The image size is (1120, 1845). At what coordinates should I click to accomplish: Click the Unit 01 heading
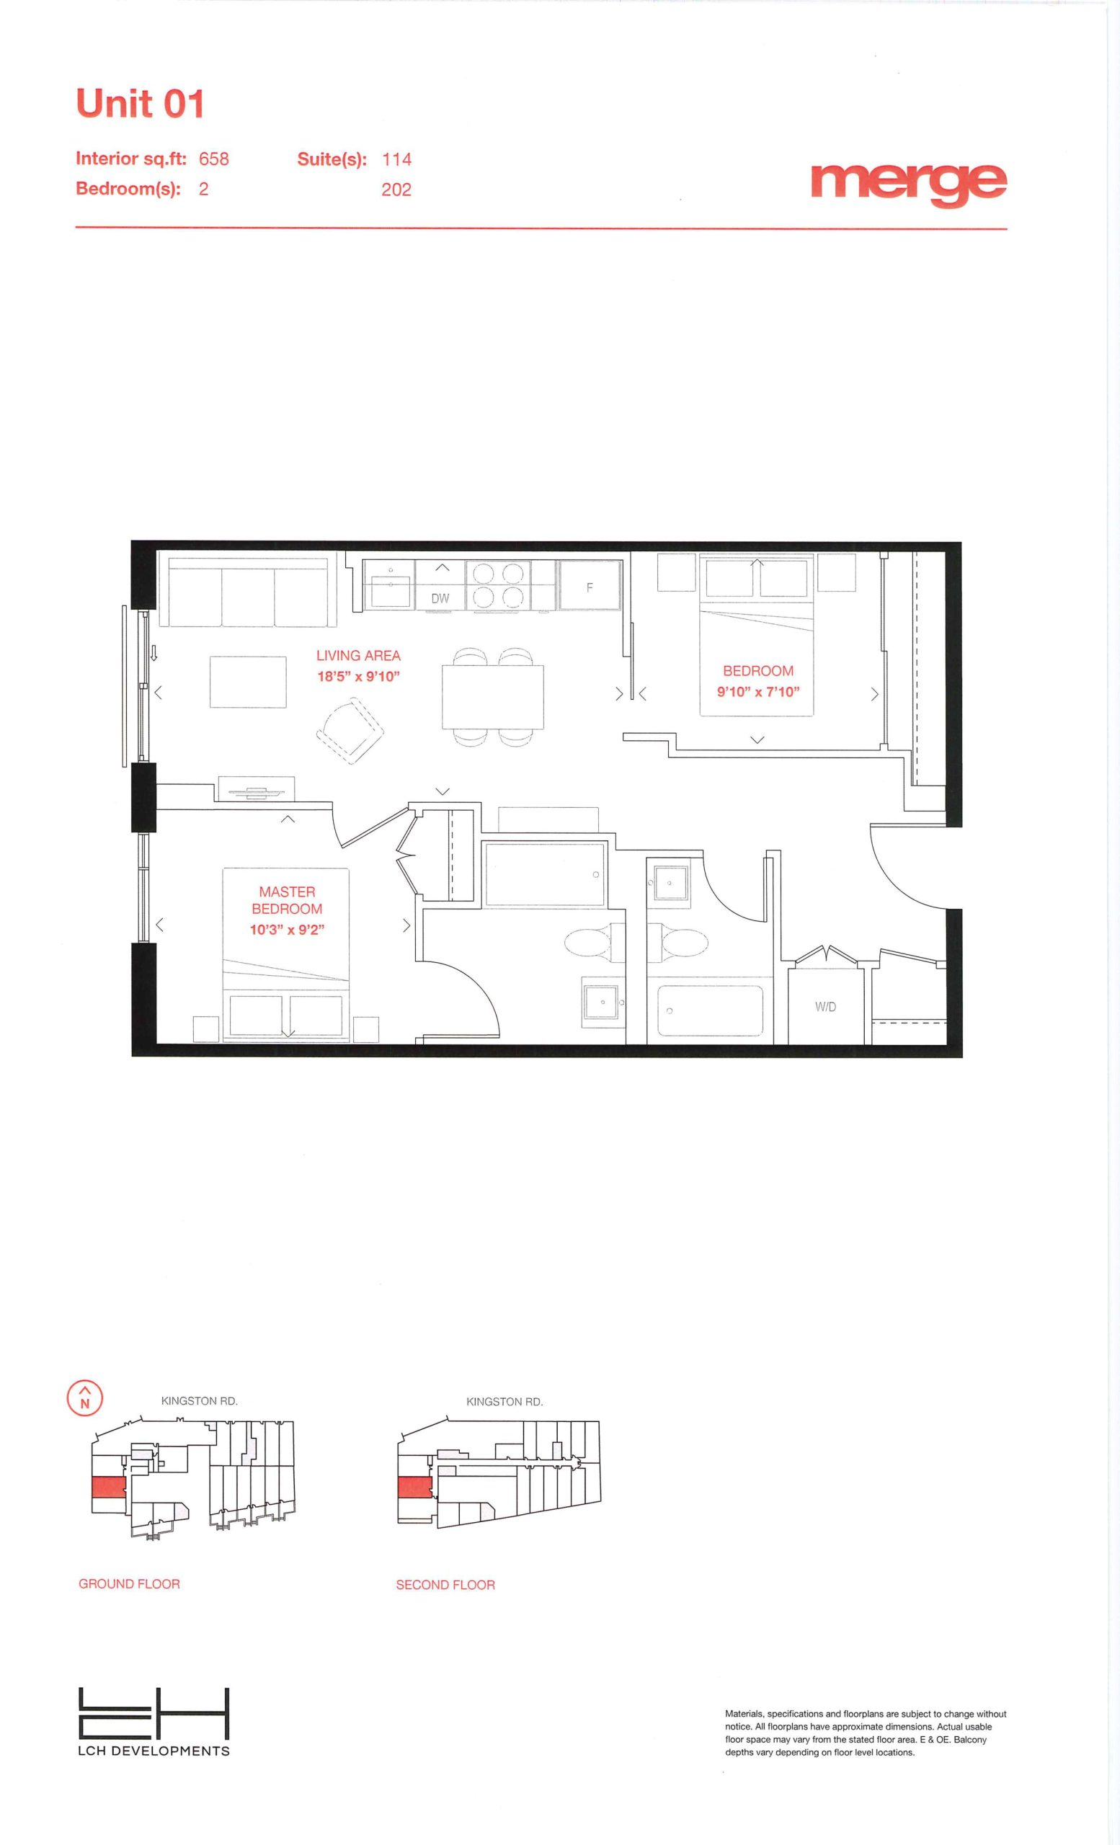140,103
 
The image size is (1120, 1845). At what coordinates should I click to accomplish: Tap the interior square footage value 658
213,159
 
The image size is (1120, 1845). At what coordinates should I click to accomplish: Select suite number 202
396,190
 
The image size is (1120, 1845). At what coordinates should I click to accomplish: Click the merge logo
909,182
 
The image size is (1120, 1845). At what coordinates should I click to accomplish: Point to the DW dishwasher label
440,598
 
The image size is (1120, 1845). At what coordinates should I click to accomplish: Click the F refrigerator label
590,588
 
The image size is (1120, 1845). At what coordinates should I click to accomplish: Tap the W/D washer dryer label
826,1007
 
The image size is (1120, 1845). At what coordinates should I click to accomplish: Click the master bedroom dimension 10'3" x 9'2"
287,930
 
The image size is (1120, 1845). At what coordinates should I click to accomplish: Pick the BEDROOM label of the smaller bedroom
757,671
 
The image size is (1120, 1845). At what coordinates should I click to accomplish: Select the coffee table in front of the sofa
248,681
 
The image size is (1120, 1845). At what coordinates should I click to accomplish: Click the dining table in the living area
493,695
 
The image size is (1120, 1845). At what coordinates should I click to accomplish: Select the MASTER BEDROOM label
287,900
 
